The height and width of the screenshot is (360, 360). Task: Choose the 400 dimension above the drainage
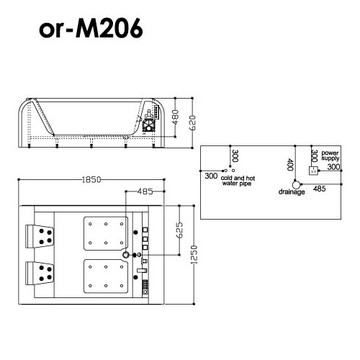tap(290, 166)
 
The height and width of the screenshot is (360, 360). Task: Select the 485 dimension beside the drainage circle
tap(320, 188)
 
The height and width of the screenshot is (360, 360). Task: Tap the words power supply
tap(330, 156)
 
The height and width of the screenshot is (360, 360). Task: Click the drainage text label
tap(292, 193)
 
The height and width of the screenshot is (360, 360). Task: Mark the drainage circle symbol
tap(295, 184)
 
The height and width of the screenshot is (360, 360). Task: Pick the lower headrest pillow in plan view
tap(42, 272)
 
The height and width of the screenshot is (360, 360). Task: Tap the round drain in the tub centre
tap(127, 255)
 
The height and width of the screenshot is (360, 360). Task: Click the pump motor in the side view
tap(150, 124)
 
